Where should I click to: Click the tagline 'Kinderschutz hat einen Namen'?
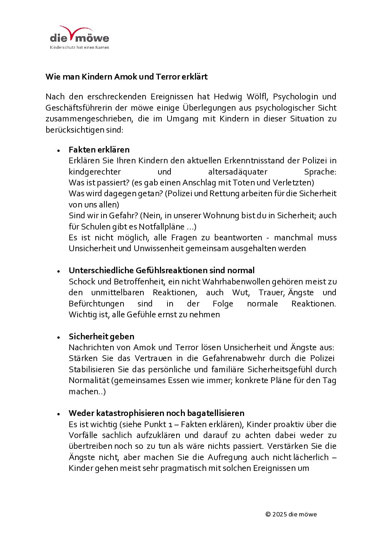[79, 47]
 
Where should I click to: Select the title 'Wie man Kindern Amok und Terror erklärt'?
[126, 77]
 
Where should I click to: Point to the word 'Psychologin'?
[295, 97]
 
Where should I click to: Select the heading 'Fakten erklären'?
[99, 150]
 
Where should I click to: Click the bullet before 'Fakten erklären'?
[58, 150]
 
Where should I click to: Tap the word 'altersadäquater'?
[238, 172]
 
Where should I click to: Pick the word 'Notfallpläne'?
[161, 227]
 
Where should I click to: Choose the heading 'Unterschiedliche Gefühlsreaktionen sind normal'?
[161, 270]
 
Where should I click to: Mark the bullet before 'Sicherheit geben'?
[58, 337]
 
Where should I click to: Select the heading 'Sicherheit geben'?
[101, 336]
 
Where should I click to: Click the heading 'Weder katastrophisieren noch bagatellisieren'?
[156, 413]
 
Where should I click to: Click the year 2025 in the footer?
[279, 514]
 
